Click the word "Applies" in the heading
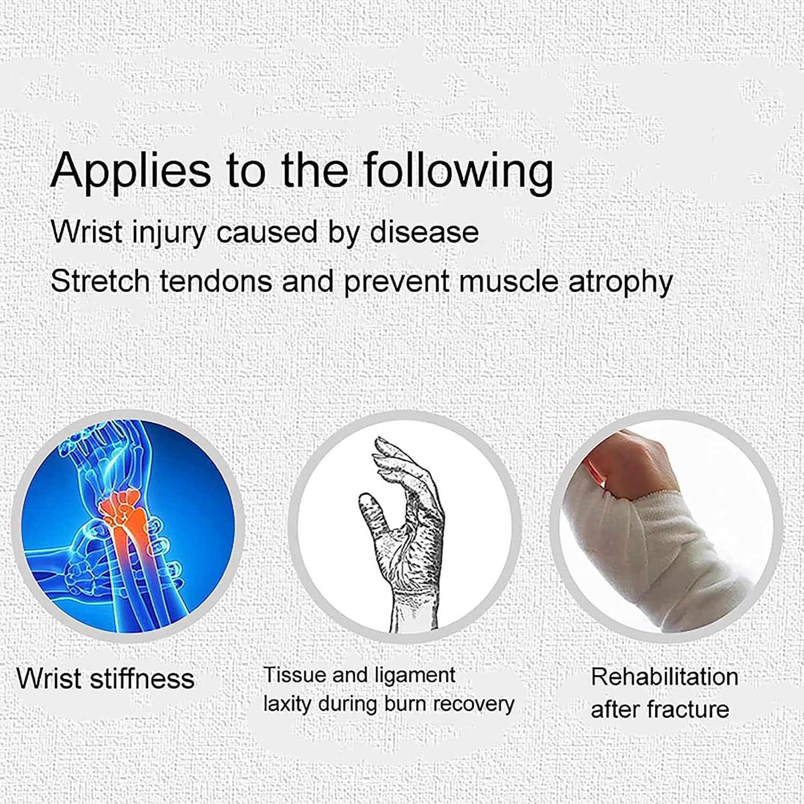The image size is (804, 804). [131, 170]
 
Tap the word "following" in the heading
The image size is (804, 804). [458, 170]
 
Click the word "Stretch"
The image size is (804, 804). [100, 281]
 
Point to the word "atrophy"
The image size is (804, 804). [620, 281]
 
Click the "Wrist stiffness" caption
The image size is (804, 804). [106, 678]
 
